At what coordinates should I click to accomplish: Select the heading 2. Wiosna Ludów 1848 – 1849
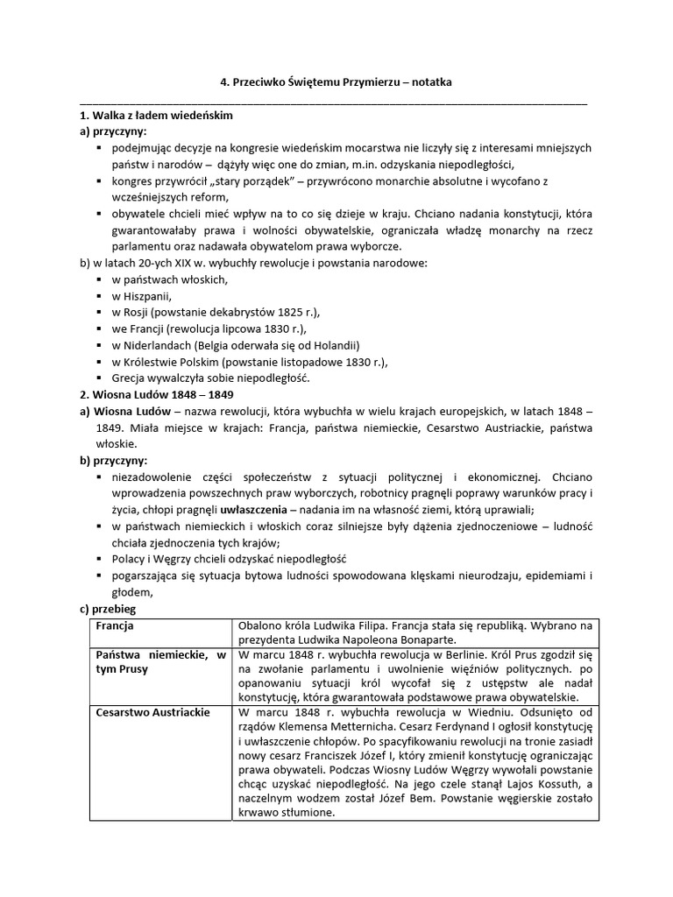coord(156,395)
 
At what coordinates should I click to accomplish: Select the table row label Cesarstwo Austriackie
coord(153,712)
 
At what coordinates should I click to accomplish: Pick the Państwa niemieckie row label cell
coord(161,661)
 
